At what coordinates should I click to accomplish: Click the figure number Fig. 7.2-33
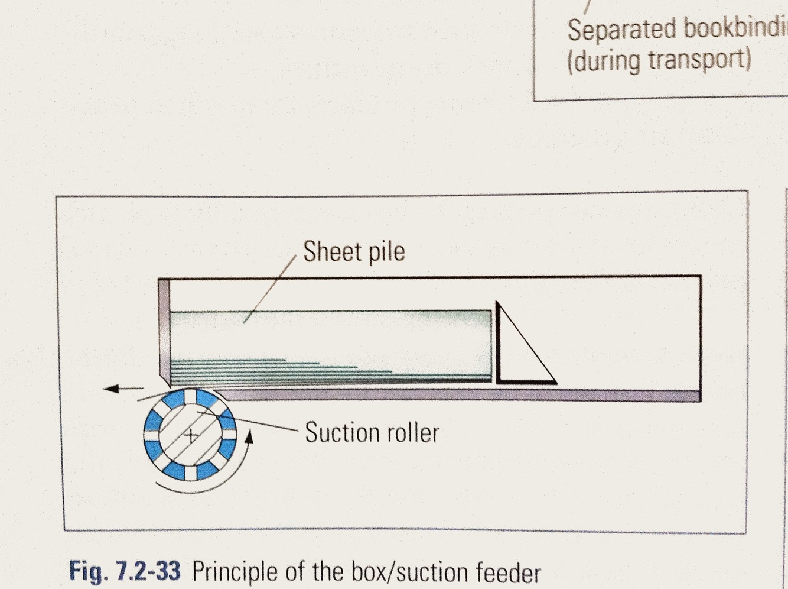click(x=125, y=571)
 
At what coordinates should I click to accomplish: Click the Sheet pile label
click(x=354, y=252)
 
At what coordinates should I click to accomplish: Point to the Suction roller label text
click(x=372, y=433)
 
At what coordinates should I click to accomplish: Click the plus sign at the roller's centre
click(x=191, y=436)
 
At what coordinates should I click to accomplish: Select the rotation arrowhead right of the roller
click(x=249, y=436)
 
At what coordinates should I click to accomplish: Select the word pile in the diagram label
click(x=388, y=252)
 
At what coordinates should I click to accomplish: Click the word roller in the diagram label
click(x=413, y=433)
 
